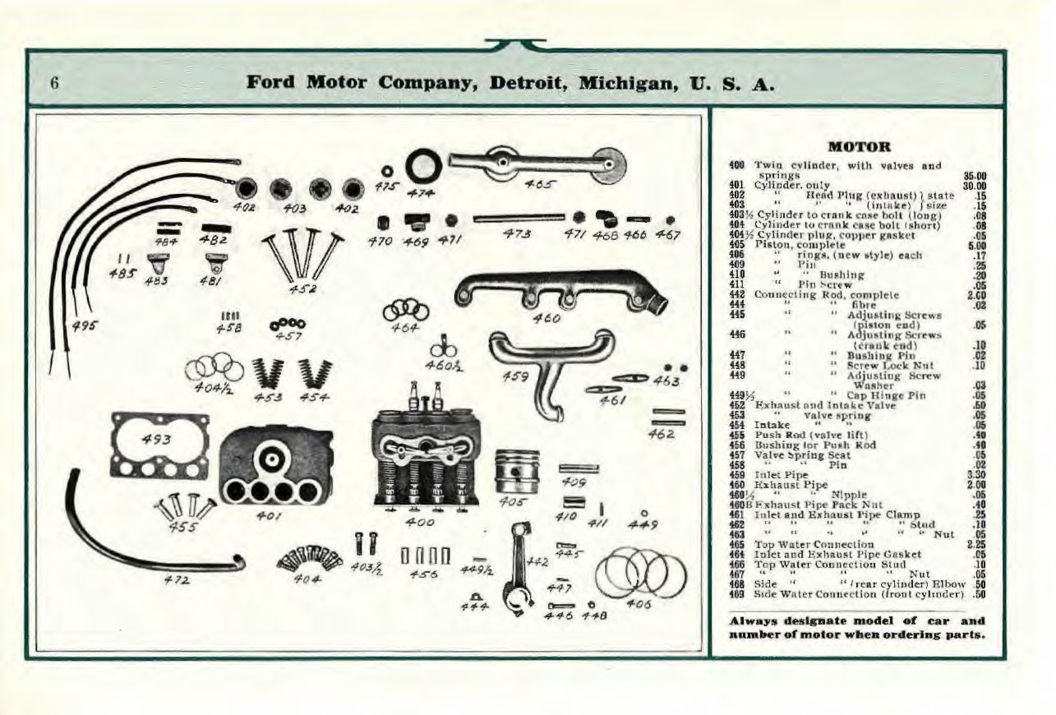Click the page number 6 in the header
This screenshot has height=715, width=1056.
tap(55, 83)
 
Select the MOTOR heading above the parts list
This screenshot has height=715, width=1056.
tap(860, 147)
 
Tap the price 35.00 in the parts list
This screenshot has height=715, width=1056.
tap(975, 175)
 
